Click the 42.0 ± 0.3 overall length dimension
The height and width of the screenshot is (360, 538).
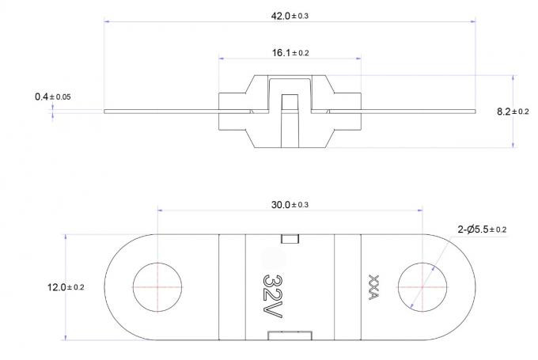(290, 16)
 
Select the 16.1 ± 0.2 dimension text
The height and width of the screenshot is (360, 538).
(290, 53)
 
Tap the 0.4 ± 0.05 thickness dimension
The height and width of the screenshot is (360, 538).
(53, 97)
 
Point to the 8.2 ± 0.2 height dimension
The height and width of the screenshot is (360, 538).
(513, 112)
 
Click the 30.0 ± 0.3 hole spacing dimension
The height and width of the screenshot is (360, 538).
(290, 205)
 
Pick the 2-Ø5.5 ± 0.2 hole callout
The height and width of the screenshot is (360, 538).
(482, 229)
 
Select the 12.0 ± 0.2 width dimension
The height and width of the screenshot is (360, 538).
(66, 287)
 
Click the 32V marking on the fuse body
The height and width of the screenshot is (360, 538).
(273, 296)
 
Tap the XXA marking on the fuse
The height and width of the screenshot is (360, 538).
(373, 287)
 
